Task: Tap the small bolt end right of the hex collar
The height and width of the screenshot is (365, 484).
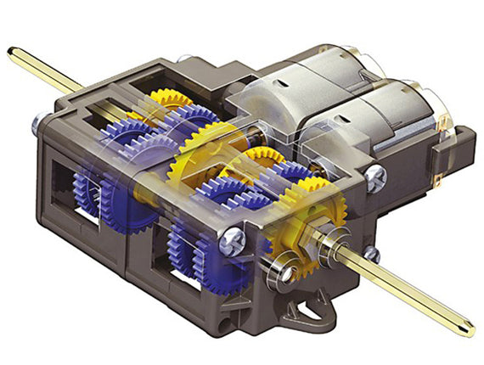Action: click(x=371, y=253)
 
